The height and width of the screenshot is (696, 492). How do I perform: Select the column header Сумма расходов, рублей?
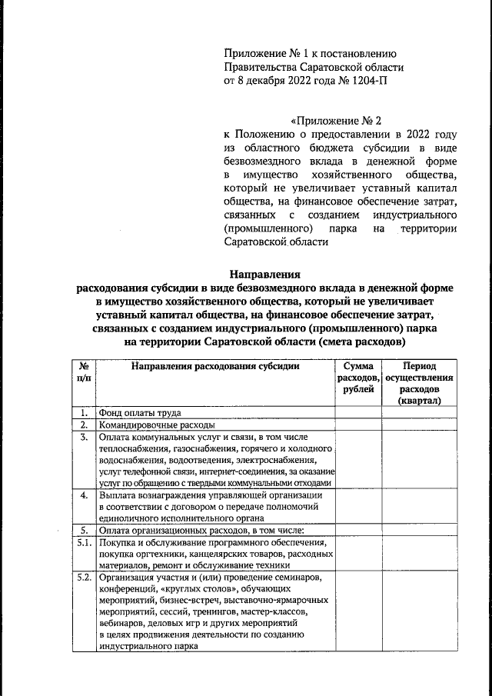point(358,378)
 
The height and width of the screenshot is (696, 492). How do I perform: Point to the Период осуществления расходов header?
point(420,383)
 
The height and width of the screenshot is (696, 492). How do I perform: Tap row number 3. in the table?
point(83,437)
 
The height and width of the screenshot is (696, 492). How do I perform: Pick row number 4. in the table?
point(83,495)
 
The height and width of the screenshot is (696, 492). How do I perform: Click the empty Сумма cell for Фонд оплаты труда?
point(358,412)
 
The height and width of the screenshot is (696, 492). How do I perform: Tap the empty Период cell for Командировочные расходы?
point(420,425)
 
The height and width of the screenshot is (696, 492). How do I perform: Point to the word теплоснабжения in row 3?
point(135,448)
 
